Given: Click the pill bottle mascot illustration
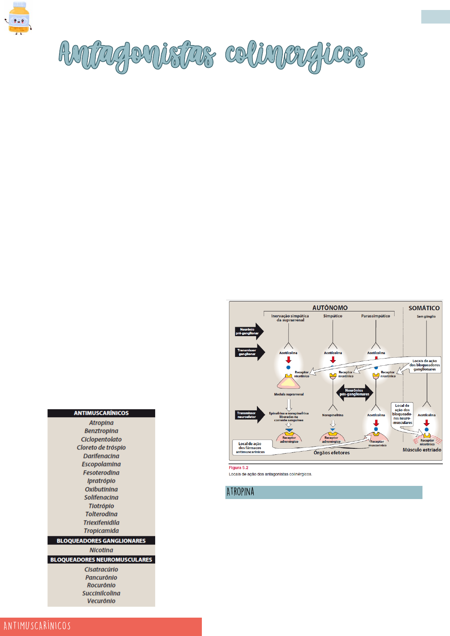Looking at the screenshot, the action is pyautogui.click(x=18, y=18).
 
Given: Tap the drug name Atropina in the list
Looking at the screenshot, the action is pyautogui.click(x=101, y=423).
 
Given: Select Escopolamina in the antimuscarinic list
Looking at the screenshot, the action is pyautogui.click(x=101, y=464).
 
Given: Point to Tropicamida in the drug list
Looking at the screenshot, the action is pyautogui.click(x=101, y=531).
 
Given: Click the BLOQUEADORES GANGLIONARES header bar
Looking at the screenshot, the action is pyautogui.click(x=101, y=541).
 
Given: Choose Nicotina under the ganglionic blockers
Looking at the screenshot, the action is pyautogui.click(x=101, y=550).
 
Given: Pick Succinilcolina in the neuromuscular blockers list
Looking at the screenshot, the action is pyautogui.click(x=101, y=593).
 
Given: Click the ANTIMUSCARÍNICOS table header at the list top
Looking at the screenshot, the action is pyautogui.click(x=101, y=413).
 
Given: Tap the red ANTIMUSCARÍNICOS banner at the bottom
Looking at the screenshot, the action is pyautogui.click(x=101, y=626).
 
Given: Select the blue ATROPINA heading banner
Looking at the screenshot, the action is pyautogui.click(x=324, y=492).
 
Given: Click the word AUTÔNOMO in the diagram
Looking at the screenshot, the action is pyautogui.click(x=330, y=308).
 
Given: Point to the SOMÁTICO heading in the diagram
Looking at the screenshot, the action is pyautogui.click(x=424, y=308).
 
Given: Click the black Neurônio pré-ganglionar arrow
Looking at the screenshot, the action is pyautogui.click(x=248, y=331).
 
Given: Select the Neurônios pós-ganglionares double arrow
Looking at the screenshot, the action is pyautogui.click(x=355, y=392).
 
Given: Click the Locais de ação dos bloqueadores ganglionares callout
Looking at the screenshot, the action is pyautogui.click(x=424, y=365).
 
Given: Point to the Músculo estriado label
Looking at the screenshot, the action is pyautogui.click(x=422, y=450).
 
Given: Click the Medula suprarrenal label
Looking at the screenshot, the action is pyautogui.click(x=289, y=394).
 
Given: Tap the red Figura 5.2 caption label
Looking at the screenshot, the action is pyautogui.click(x=239, y=468).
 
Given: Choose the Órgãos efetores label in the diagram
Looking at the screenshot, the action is pyautogui.click(x=332, y=453).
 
